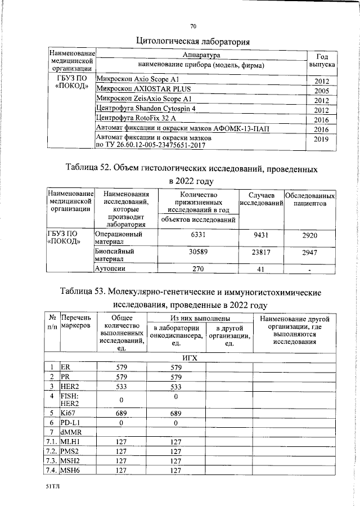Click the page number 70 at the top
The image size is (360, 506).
coord(193,26)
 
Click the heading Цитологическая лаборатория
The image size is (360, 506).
coord(193,41)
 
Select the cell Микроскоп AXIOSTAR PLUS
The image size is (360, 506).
coord(143,89)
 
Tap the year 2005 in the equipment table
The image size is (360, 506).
coord(321,91)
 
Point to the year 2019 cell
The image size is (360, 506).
coord(321,138)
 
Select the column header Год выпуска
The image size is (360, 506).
coord(322,61)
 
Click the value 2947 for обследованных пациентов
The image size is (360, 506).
coord(310,253)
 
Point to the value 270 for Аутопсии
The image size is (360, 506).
coord(199,269)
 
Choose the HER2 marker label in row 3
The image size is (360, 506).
coord(69,387)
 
